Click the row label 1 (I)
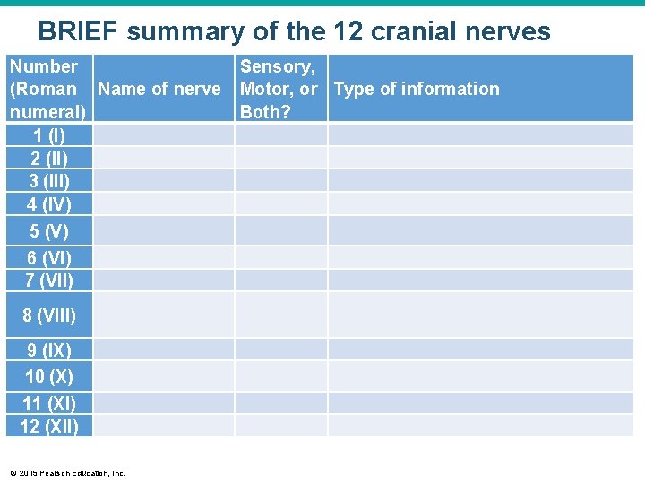[48, 135]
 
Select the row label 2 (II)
[48, 158]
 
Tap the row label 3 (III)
[48, 180]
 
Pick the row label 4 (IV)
[48, 203]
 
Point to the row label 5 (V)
[48, 231]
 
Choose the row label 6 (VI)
[48, 258]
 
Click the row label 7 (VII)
[48, 281]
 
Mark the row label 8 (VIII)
[48, 315]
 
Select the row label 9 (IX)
[48, 350]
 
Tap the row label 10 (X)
[48, 376]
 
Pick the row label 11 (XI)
[48, 403]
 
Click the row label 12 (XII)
[48, 427]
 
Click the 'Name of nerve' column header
[159, 89]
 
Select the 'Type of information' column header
[417, 89]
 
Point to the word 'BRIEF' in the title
[78, 32]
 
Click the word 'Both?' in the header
[266, 112]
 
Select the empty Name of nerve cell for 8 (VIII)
[164, 315]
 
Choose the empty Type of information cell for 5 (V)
[480, 231]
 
